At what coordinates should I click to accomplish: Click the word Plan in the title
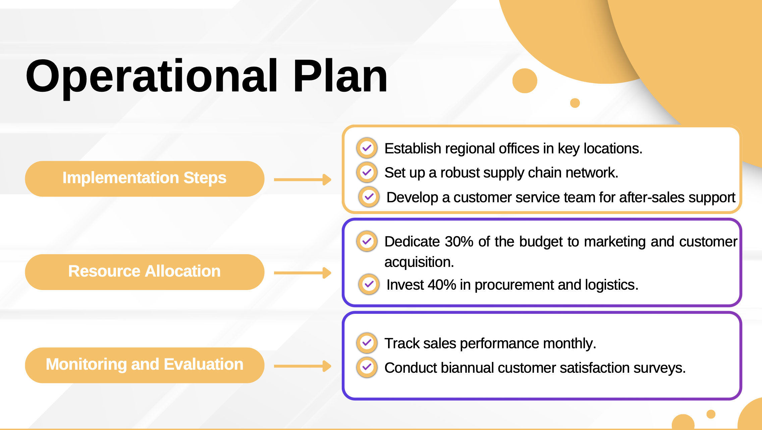pos(340,76)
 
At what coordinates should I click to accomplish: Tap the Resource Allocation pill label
pos(145,271)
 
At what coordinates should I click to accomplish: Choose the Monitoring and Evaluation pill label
pos(145,365)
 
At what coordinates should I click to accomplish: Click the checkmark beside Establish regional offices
pos(367,148)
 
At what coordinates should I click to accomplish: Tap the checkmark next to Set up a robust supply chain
pos(367,172)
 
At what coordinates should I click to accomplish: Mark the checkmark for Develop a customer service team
pos(369,197)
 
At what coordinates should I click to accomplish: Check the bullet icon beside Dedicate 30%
pos(367,241)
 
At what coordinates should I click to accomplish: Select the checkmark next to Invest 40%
pos(369,284)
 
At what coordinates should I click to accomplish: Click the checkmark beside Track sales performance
pos(367,343)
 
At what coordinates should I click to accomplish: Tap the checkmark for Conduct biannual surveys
pos(367,367)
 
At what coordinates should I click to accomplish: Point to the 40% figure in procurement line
pos(442,285)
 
